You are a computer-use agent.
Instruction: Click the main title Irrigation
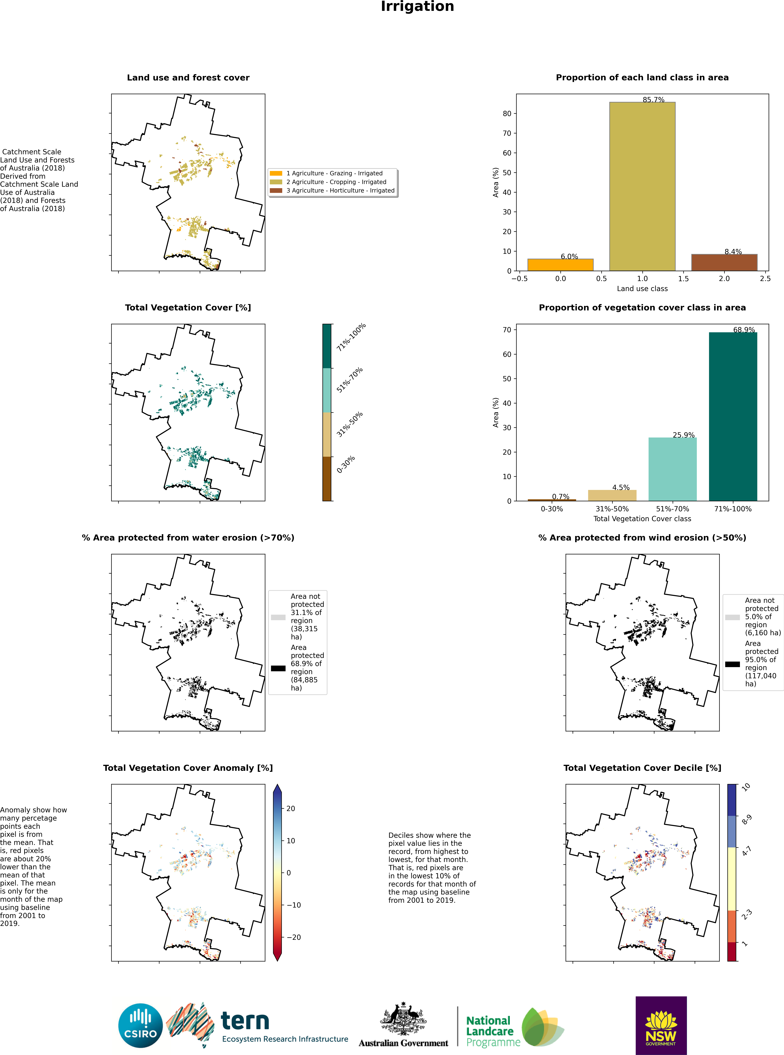pyautogui.click(x=417, y=7)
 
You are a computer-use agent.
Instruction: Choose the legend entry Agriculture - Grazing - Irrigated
pyautogui.click(x=334, y=173)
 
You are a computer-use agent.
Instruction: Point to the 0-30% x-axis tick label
pyautogui.click(x=552, y=509)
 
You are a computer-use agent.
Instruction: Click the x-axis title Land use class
pyautogui.click(x=642, y=289)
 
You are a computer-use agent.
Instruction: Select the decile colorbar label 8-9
pyautogui.click(x=746, y=819)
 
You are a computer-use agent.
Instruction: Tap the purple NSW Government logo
pyautogui.click(x=661, y=1025)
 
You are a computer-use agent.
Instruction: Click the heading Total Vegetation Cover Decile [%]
pyautogui.click(x=642, y=767)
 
